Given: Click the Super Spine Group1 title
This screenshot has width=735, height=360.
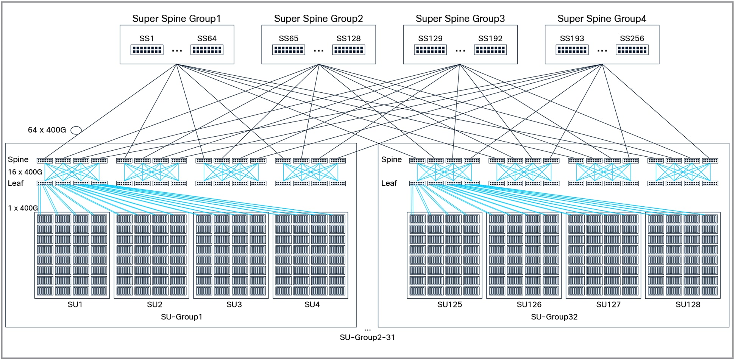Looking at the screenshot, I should pyautogui.click(x=176, y=19).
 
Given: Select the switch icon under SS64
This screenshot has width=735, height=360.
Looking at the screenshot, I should pyautogui.click(x=207, y=50).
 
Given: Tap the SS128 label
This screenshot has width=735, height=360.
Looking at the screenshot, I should pyautogui.click(x=348, y=39).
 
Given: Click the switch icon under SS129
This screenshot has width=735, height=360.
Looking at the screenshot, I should pyautogui.click(x=430, y=50).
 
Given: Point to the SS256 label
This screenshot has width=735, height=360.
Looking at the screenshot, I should pyautogui.click(x=632, y=39).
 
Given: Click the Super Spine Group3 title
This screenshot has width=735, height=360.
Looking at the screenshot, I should pyautogui.click(x=460, y=19).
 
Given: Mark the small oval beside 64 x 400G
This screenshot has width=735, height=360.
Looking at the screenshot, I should pyautogui.click(x=76, y=130).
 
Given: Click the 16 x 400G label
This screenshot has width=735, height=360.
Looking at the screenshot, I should pyautogui.click(x=25, y=172).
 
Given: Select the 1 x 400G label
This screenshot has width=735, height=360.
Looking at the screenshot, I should pyautogui.click(x=23, y=208).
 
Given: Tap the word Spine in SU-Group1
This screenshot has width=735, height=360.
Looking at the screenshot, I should pyautogui.click(x=18, y=159).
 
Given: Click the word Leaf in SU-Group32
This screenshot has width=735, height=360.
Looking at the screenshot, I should pyautogui.click(x=389, y=183).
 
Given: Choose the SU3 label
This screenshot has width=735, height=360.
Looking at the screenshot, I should pyautogui.click(x=234, y=304).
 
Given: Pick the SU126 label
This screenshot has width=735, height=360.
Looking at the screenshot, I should pyautogui.click(x=529, y=304).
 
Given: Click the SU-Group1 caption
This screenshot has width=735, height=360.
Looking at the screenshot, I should pyautogui.click(x=181, y=317).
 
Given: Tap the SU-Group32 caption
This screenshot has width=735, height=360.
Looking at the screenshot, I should pyautogui.click(x=554, y=317).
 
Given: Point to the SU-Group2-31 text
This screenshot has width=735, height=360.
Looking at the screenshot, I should pyautogui.click(x=367, y=337).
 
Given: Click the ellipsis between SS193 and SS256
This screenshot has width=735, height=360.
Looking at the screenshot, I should pyautogui.click(x=602, y=50).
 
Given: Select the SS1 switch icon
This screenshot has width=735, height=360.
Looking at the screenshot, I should pyautogui.click(x=147, y=50).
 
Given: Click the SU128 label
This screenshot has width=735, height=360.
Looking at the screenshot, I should pyautogui.click(x=688, y=304).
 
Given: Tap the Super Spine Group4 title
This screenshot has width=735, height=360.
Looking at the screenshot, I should pyautogui.click(x=602, y=19).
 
